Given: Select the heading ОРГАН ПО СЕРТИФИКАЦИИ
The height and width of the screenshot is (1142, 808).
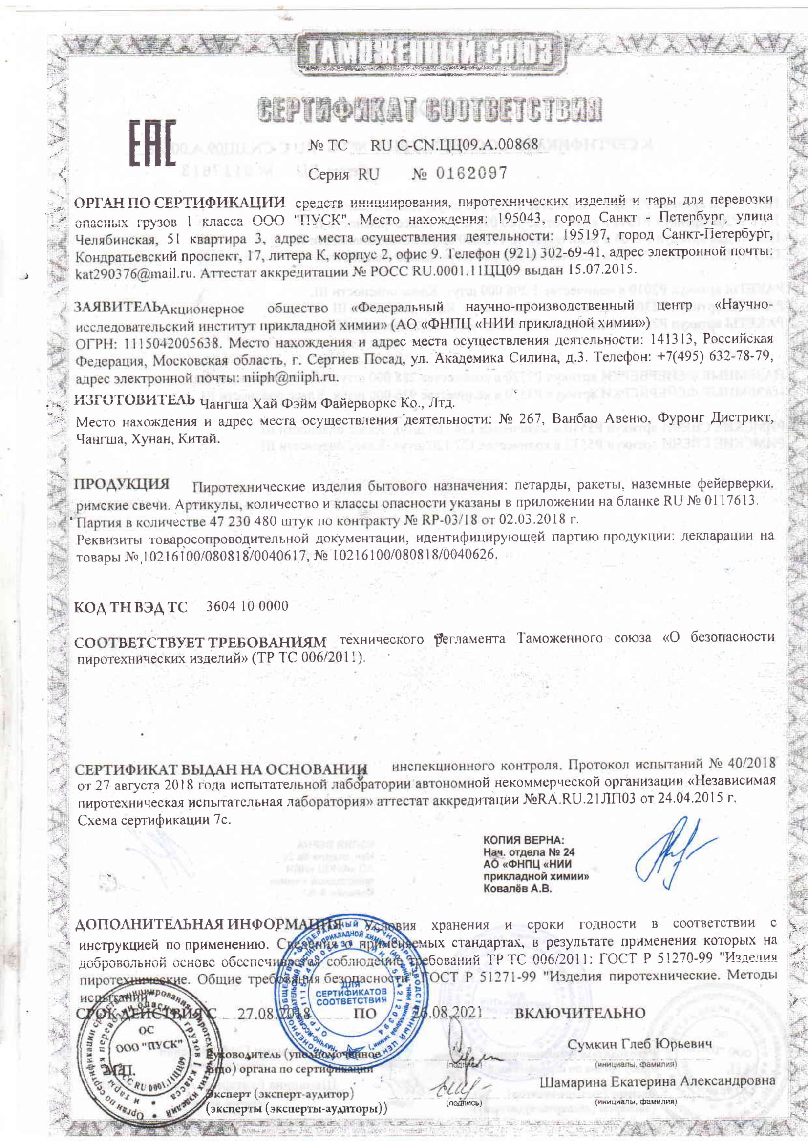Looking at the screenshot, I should pyautogui.click(x=180, y=203).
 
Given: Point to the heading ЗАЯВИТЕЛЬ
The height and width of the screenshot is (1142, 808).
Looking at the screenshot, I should pyautogui.click(x=117, y=307).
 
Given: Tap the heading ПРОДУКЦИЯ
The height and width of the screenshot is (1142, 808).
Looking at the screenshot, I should pyautogui.click(x=122, y=484).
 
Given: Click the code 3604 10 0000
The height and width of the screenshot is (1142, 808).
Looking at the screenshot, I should pyautogui.click(x=247, y=606).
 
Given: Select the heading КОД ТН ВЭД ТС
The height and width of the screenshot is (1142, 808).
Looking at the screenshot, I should pyautogui.click(x=131, y=607).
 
